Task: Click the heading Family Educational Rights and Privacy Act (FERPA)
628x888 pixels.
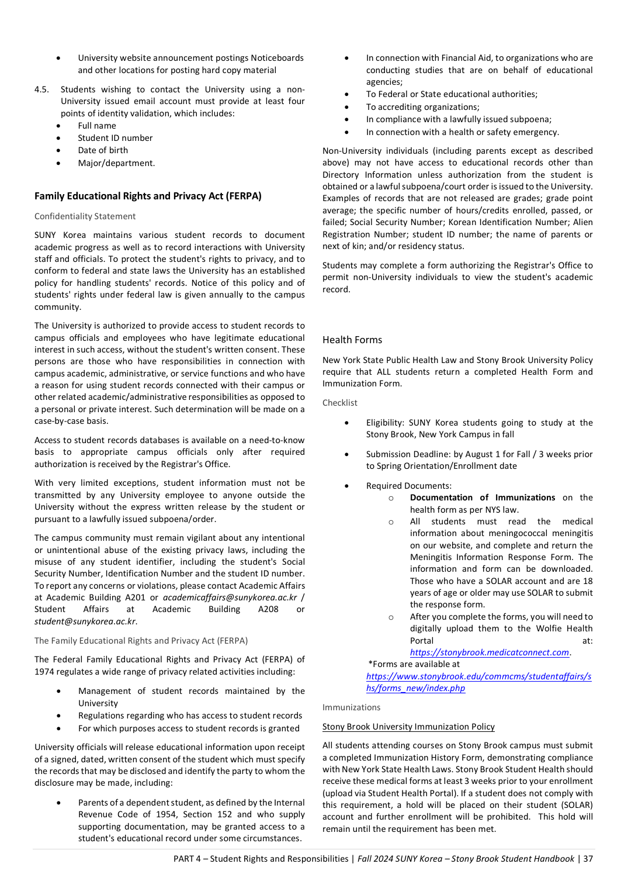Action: pos(148,196)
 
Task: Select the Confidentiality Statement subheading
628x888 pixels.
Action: pos(85,216)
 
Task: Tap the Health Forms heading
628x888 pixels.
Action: pos(352,340)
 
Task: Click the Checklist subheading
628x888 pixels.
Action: pos(340,403)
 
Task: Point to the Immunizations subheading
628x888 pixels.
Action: pos(351,707)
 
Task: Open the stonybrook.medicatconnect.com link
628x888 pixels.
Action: pos(490,652)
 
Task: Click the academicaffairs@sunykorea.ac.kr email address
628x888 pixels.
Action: pos(230,597)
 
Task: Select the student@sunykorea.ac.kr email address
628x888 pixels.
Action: pos(85,621)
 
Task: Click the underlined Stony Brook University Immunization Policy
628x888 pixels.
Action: pos(408,727)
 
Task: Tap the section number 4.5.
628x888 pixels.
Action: pos(41,89)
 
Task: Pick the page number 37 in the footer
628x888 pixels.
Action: pos(588,859)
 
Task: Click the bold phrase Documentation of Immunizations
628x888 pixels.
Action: pos(483,497)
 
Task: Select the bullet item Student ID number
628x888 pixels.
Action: pos(115,138)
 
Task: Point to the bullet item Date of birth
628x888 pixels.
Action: pos(103,150)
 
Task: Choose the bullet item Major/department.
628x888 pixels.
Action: pos(116,163)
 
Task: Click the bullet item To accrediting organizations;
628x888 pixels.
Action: pos(422,107)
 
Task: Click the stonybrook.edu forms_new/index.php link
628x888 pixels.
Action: pos(478,682)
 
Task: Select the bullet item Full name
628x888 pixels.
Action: pos(97,126)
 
